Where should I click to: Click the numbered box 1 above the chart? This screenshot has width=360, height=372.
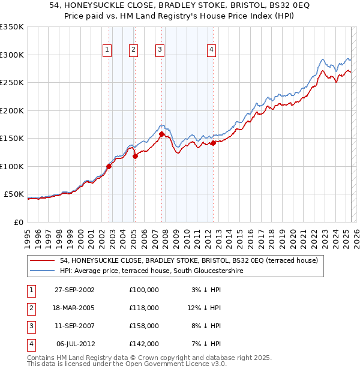click(107, 50)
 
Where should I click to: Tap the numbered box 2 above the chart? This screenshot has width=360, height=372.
click(133, 50)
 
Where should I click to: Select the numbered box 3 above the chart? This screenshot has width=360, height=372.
click(160, 50)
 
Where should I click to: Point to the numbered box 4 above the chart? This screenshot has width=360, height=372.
click(212, 50)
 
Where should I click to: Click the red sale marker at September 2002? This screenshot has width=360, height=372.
click(109, 166)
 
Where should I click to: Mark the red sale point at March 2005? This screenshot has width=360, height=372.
click(135, 156)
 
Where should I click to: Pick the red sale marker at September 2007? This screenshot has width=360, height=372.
click(161, 134)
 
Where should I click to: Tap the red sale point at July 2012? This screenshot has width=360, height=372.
click(213, 143)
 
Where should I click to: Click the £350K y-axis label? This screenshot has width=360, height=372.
click(11, 27)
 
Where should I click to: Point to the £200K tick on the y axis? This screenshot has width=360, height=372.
click(11, 110)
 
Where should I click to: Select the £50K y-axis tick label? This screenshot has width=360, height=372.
click(13, 194)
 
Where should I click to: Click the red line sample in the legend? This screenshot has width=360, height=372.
click(43, 260)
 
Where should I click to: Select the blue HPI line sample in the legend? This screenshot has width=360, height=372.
click(43, 271)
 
